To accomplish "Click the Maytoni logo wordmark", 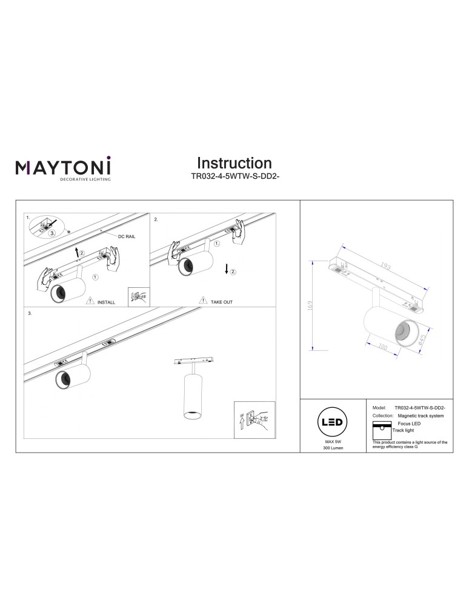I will pos(62,165).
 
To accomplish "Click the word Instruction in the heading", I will pos(234,163).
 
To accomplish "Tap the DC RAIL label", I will pos(127,236).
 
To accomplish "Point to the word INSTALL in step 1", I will pos(106,301).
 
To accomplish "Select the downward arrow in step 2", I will pos(226,269).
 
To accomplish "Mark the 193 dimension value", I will pos(385,266).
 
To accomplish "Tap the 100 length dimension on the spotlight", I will pos(382,348).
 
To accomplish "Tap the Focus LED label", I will pos(408,424).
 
